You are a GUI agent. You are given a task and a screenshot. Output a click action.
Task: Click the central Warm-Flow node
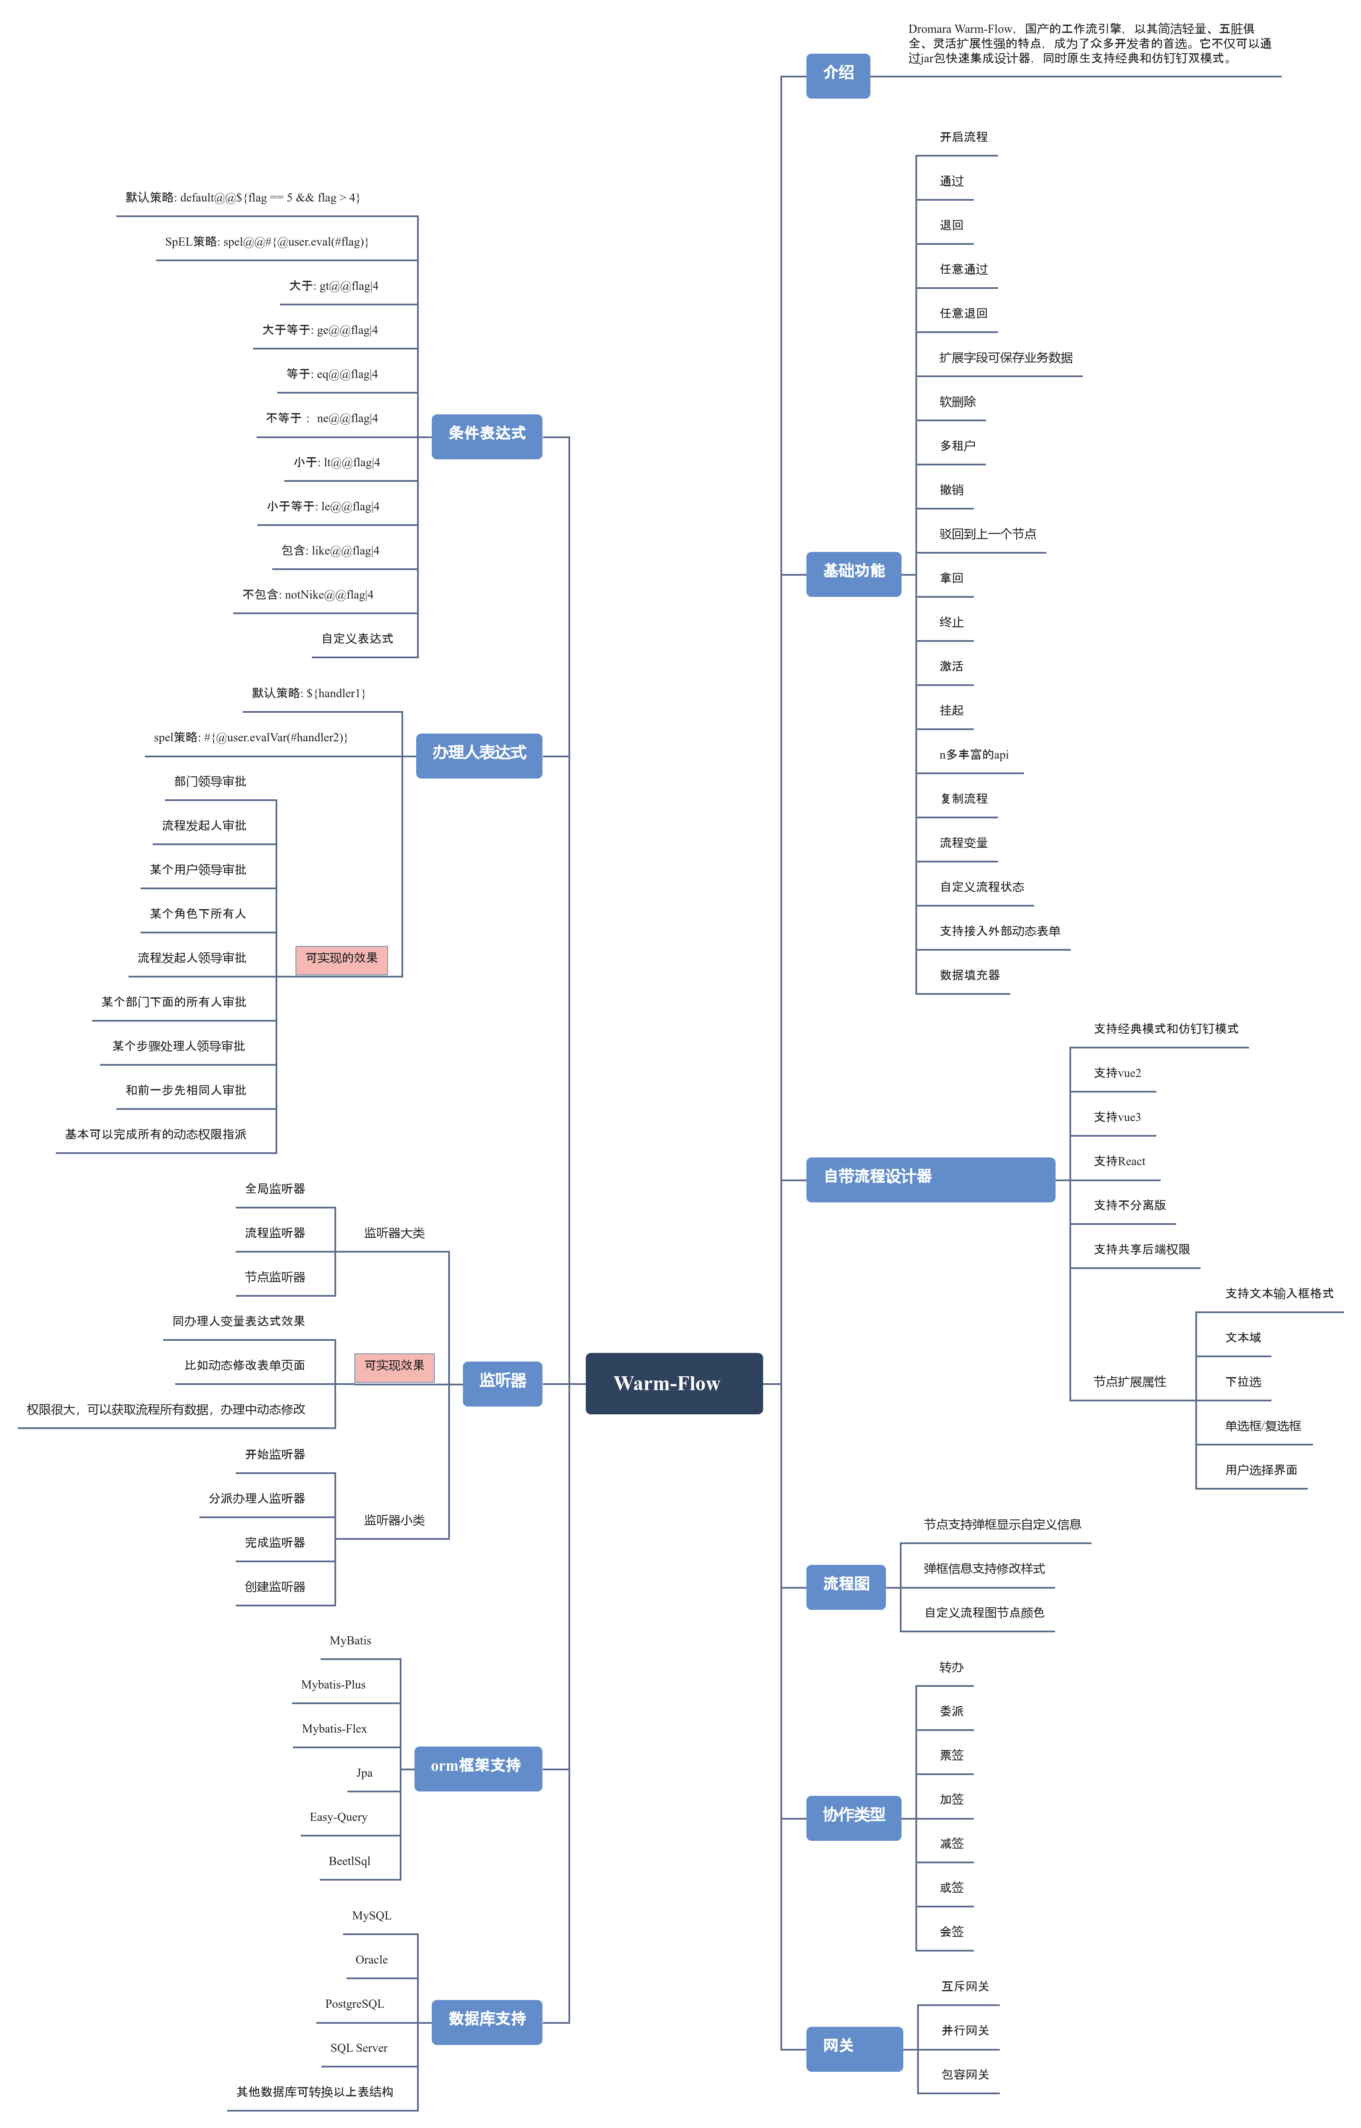pos(674,1383)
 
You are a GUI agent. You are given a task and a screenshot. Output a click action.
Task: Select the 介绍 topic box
pos(838,75)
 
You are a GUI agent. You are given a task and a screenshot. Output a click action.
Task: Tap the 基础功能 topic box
pos(853,574)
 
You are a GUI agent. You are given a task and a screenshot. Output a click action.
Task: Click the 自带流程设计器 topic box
pos(930,1179)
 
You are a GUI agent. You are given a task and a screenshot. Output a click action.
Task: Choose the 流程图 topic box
pos(846,1586)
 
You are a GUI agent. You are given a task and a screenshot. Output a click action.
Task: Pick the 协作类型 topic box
pos(853,1817)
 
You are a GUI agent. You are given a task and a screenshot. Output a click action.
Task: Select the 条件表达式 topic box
pos(486,436)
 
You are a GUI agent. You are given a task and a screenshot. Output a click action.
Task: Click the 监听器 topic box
pos(502,1383)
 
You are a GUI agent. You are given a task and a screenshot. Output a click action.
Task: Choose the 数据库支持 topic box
pos(486,2021)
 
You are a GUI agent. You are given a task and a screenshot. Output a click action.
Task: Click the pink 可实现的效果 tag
pos(341,959)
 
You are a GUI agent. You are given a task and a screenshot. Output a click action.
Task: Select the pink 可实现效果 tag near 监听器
pos(394,1366)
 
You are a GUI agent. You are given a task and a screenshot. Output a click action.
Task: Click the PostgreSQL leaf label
pos(354,2003)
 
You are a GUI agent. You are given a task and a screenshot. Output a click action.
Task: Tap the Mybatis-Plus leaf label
pos(333,1684)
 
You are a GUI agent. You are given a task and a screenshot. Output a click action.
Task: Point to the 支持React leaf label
pos(1119,1161)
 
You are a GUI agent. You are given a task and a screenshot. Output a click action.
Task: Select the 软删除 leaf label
pos(957,401)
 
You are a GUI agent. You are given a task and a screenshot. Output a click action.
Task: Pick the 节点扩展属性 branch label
pos(1130,1382)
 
